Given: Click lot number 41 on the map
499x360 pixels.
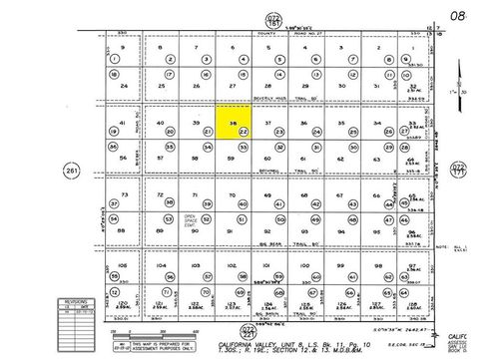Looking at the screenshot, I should point(122,123).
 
